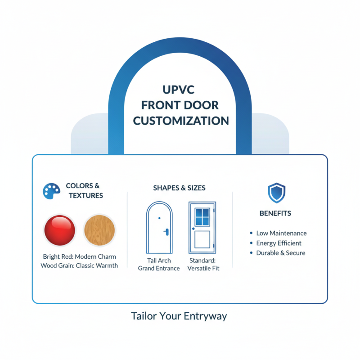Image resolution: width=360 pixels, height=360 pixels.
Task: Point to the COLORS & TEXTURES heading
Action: [83, 190]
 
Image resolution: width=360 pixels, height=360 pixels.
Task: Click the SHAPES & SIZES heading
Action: [180, 188]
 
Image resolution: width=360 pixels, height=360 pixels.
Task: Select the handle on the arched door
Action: [167, 232]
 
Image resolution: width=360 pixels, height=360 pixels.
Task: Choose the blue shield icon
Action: [275, 193]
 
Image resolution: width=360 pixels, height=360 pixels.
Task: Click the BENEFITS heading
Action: [275, 213]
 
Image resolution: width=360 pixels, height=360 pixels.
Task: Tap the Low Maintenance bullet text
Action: [281, 233]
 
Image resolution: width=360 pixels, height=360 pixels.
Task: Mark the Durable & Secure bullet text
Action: [281, 253]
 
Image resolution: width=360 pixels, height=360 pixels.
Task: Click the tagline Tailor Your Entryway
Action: [179, 316]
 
